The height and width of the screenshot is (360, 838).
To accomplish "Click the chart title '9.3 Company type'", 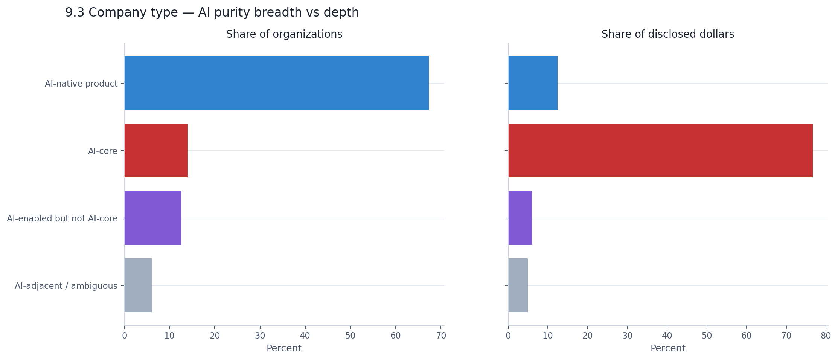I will click(x=212, y=12).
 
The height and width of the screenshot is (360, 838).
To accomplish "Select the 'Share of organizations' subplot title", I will click(x=284, y=34).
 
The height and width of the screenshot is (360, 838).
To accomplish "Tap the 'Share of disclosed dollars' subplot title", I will click(x=667, y=34).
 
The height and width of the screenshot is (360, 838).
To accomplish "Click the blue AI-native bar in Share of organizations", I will click(x=276, y=83).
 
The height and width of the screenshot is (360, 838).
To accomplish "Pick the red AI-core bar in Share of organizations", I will click(x=156, y=150).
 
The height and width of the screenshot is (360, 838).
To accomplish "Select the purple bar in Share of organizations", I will click(x=152, y=218).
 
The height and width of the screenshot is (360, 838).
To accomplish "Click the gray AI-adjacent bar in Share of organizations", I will click(x=138, y=285).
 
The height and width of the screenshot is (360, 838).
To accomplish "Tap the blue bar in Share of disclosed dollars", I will click(x=533, y=83).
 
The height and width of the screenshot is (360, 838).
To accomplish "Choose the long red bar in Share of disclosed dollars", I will click(x=660, y=150).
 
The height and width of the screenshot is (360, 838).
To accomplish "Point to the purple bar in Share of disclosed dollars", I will click(x=520, y=218).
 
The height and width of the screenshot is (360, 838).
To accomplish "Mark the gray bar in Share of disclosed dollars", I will click(x=518, y=285).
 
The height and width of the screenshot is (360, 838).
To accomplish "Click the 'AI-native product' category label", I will click(x=81, y=84).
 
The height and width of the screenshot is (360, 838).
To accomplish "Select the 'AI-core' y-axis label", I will click(x=102, y=151).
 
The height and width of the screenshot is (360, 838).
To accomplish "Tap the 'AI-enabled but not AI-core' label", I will click(x=62, y=218).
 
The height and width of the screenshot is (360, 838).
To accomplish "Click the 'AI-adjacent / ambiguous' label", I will click(x=66, y=286).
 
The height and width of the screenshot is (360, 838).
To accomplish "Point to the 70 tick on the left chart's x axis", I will click(x=441, y=336).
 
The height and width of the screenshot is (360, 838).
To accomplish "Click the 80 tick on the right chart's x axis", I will click(x=826, y=336).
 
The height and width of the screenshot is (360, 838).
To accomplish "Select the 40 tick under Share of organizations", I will click(x=305, y=336).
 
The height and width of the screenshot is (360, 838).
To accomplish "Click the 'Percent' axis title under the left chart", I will click(x=284, y=348).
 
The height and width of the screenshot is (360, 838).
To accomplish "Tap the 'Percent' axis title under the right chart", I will click(x=667, y=348).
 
